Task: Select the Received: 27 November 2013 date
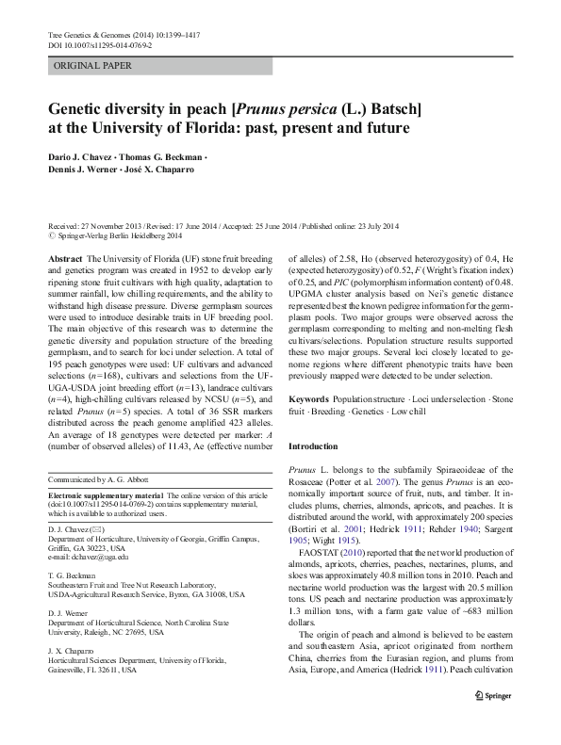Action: [x=104, y=227]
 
